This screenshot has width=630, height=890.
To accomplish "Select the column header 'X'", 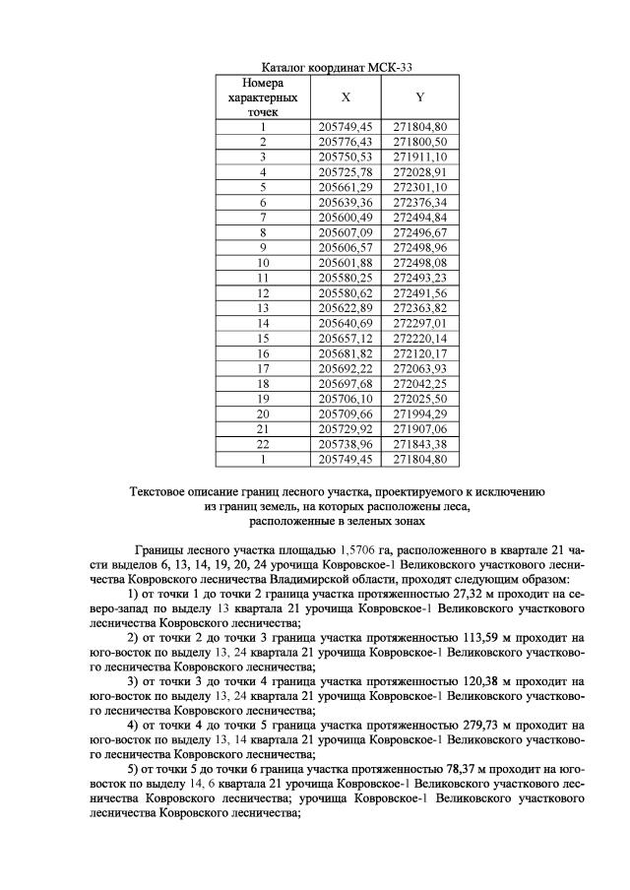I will (346, 98).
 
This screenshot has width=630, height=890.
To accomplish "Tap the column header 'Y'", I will (419, 98).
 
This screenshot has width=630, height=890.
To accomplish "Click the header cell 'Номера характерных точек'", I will (263, 98).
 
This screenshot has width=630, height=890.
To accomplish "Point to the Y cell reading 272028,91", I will (419, 171).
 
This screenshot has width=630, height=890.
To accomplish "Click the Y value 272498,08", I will (419, 262).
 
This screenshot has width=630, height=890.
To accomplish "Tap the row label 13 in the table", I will (263, 307).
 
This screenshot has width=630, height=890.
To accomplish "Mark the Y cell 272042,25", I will (419, 383).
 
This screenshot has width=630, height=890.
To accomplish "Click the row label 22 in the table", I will (263, 443).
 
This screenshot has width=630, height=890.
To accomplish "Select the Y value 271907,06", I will (419, 428).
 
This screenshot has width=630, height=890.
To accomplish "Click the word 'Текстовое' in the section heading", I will (161, 490).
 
